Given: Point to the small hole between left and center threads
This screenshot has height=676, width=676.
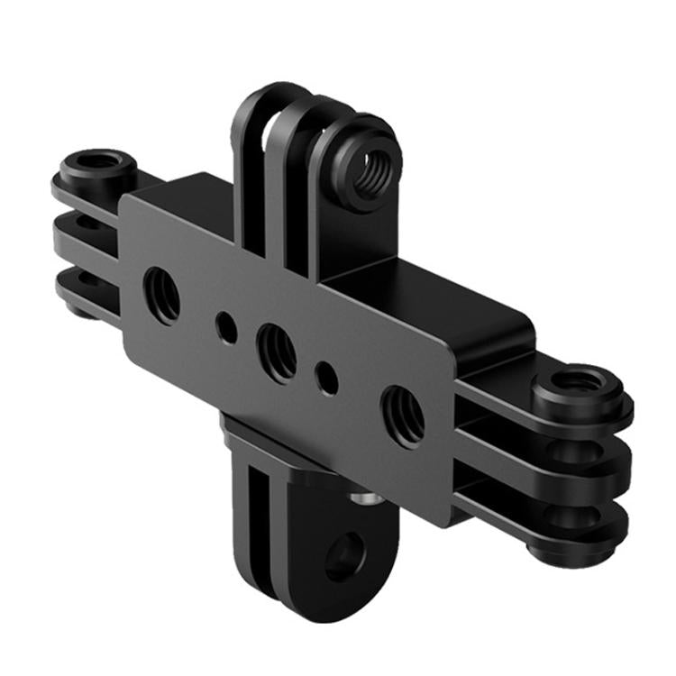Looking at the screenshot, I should point(227,328).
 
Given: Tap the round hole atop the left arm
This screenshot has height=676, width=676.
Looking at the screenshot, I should point(98,163).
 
